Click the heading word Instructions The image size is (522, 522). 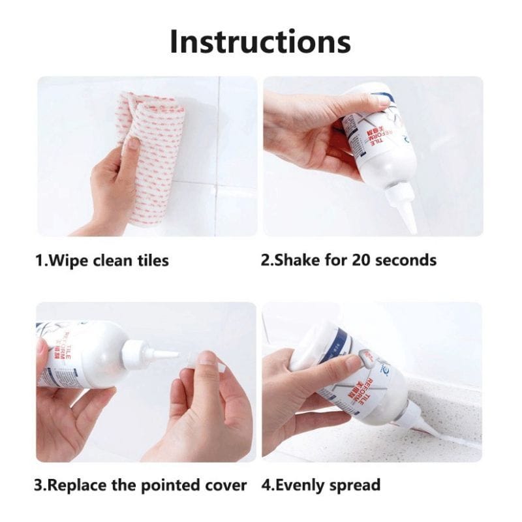[x=260, y=41]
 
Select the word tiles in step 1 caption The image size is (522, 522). [x=151, y=261]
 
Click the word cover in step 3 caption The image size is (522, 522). [x=225, y=485]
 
